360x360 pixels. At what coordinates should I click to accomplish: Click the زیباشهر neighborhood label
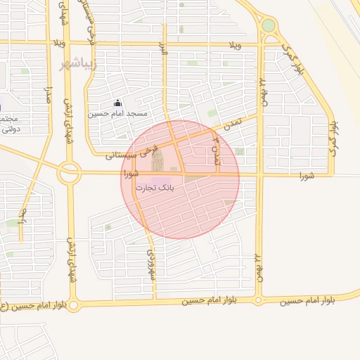click(x=72, y=64)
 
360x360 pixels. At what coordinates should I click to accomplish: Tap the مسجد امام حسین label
click(x=117, y=113)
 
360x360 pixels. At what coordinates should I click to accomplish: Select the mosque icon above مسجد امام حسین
click(x=117, y=103)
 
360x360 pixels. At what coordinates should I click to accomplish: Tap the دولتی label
click(x=8, y=129)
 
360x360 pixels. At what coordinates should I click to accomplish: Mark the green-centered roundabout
click(x=269, y=26)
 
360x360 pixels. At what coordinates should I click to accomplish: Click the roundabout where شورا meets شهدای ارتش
click(x=69, y=172)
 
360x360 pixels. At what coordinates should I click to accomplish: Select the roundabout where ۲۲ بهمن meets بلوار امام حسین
click(x=258, y=300)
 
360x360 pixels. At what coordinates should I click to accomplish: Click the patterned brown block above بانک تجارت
click(x=157, y=160)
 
